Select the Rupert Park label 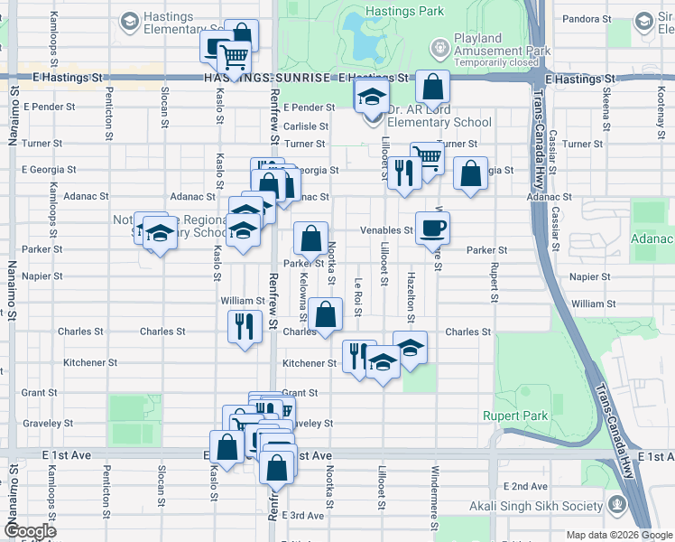(522, 416)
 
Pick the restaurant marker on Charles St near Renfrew (243, 327)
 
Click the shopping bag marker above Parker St (310, 241)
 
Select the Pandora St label (587, 18)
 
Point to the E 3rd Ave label (302, 516)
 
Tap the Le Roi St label (358, 297)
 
